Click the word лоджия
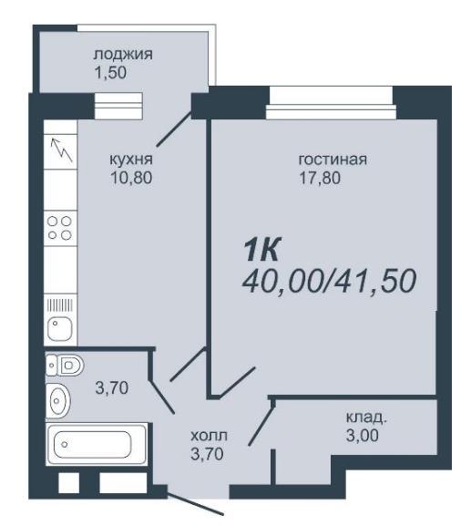coord(123,55)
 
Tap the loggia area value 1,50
coord(110,72)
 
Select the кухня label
coord(131,160)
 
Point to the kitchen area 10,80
coord(131,178)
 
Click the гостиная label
coord(333,160)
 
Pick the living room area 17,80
coord(320,178)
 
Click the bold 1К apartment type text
coord(261,249)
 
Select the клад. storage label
coord(366,418)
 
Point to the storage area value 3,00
coord(362,436)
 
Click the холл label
coord(209,436)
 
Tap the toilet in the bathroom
coord(65,365)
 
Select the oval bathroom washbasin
coord(58,400)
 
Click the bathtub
coord(97,444)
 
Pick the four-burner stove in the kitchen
coord(60,228)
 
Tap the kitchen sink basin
coord(60,329)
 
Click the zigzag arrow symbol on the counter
coord(61,150)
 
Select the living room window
coord(332,103)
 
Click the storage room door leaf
coord(261,421)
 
